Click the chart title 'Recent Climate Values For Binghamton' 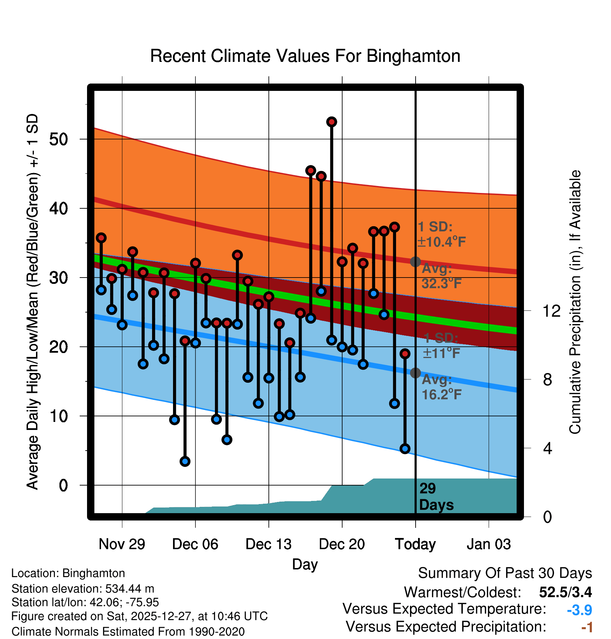point(305,56)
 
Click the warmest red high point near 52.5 point(331,122)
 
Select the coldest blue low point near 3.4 point(185,461)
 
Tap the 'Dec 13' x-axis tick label point(268,544)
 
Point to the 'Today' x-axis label point(415,544)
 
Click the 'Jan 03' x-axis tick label point(489,544)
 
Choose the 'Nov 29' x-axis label point(122,544)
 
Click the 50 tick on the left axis point(58,139)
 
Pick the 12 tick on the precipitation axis point(551,311)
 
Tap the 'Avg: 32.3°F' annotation point(441,276)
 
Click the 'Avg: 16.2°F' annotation point(441,387)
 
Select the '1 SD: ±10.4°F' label point(441,234)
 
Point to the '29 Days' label point(436,497)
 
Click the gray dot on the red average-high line point(415,261)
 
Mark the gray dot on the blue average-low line point(415,373)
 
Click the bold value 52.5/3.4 point(565,592)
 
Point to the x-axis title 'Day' point(305,564)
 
